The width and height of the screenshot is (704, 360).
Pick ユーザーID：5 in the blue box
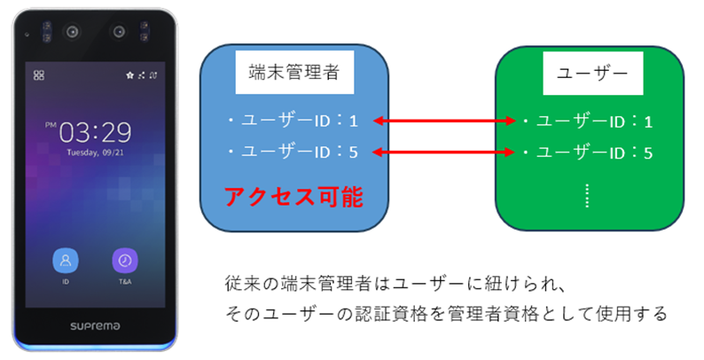point(294,153)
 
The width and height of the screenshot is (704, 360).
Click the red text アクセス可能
point(293,197)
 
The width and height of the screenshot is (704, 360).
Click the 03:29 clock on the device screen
point(97,134)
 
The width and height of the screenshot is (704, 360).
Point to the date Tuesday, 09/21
point(97,153)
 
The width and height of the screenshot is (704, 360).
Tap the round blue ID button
point(66,261)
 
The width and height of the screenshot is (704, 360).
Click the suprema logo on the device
point(94,325)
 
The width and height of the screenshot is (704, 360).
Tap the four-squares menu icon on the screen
point(38,75)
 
